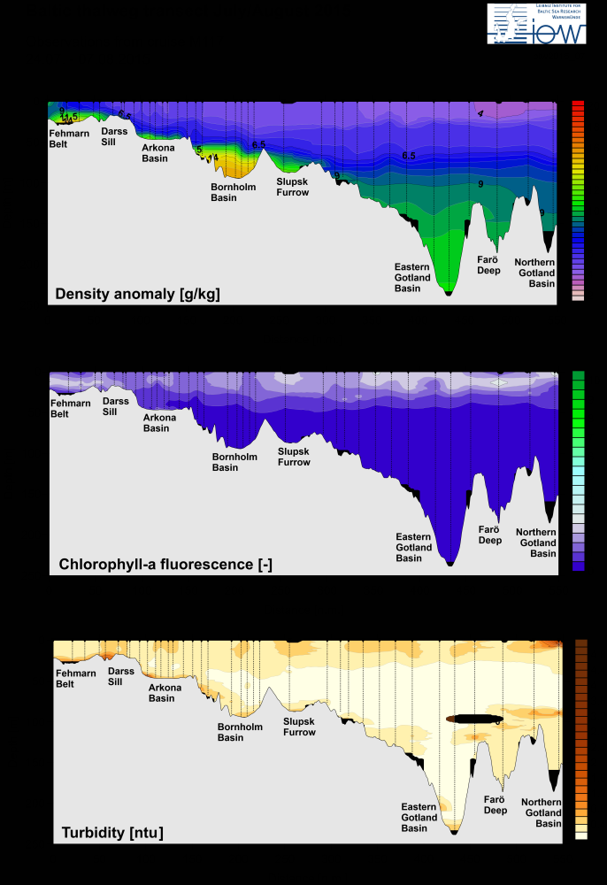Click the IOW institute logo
[x=536, y=23]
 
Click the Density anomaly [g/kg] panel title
[x=137, y=294]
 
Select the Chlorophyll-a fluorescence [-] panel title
[x=165, y=563]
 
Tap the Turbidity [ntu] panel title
[x=112, y=832]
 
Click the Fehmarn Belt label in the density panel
[x=69, y=139]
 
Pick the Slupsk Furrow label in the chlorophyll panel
[x=294, y=457]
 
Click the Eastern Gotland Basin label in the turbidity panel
[x=419, y=818]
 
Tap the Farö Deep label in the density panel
[x=489, y=265]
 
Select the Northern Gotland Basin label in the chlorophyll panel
[x=536, y=542]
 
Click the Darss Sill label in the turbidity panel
[x=121, y=676]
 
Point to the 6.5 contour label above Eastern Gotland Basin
[x=409, y=156]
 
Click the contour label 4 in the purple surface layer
[x=480, y=113]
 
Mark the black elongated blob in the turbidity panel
[x=474, y=718]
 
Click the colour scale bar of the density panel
[x=578, y=200]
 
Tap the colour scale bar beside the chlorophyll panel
[x=579, y=470]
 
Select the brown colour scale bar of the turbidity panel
[x=581, y=739]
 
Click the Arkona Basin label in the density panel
[x=158, y=153]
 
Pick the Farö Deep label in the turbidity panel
[x=496, y=804]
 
